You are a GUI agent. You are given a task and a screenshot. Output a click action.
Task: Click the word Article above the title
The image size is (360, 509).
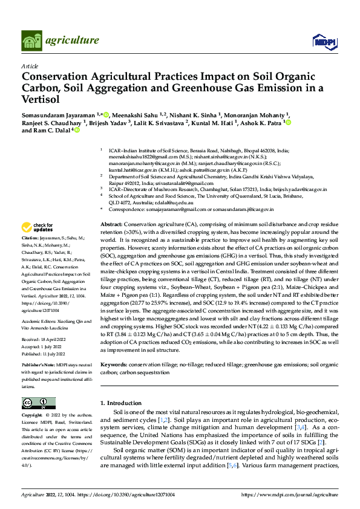(x=29, y=65)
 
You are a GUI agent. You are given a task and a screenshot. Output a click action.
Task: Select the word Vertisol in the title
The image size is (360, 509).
(x=44, y=100)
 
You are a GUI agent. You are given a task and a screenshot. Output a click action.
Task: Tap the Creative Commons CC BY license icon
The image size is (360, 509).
(x=35, y=403)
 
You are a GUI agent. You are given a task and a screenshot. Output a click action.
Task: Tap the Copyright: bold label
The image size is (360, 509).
(x=32, y=416)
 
